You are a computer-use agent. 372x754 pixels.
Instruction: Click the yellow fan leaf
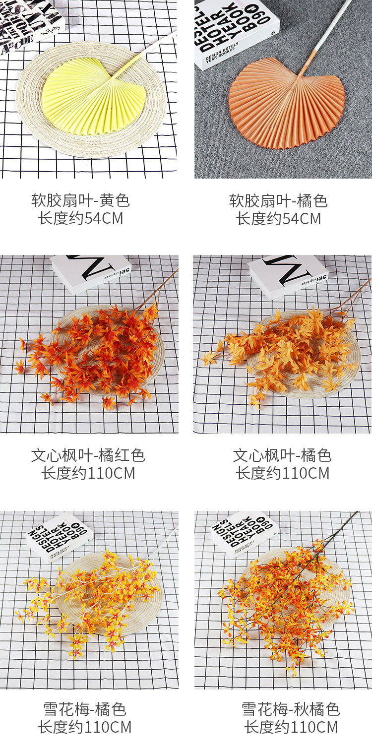92,99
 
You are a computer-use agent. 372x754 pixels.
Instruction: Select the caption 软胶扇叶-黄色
80,200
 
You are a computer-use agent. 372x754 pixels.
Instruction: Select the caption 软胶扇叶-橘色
278,200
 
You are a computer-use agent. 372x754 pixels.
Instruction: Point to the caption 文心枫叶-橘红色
88,455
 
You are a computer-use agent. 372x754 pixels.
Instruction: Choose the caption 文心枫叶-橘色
282,455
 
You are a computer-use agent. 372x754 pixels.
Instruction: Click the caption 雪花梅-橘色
84,709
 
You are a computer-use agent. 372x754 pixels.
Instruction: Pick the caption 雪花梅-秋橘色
291,709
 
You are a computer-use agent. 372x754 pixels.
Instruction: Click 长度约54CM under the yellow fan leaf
80,218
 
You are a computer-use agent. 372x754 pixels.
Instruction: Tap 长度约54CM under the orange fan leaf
278,218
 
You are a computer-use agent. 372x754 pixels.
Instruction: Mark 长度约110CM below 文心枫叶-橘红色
88,473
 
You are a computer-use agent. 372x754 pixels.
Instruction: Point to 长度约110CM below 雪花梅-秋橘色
291,727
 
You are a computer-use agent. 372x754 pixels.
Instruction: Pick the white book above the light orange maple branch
288,276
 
